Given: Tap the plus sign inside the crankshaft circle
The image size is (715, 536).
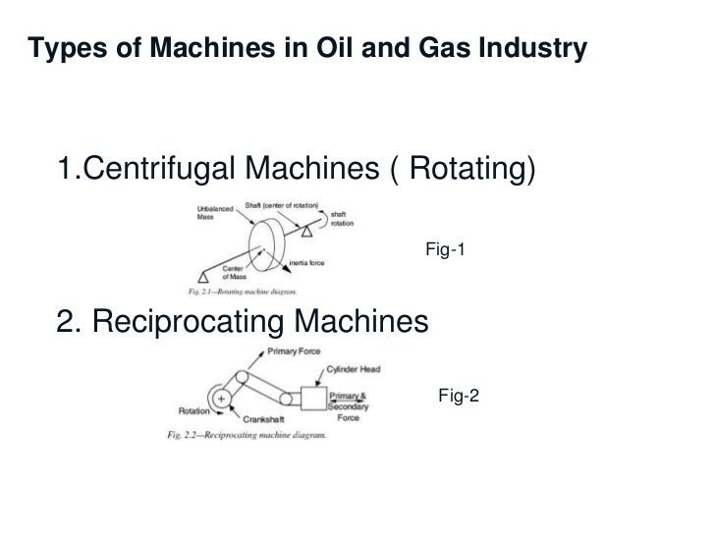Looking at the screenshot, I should [223, 398].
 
